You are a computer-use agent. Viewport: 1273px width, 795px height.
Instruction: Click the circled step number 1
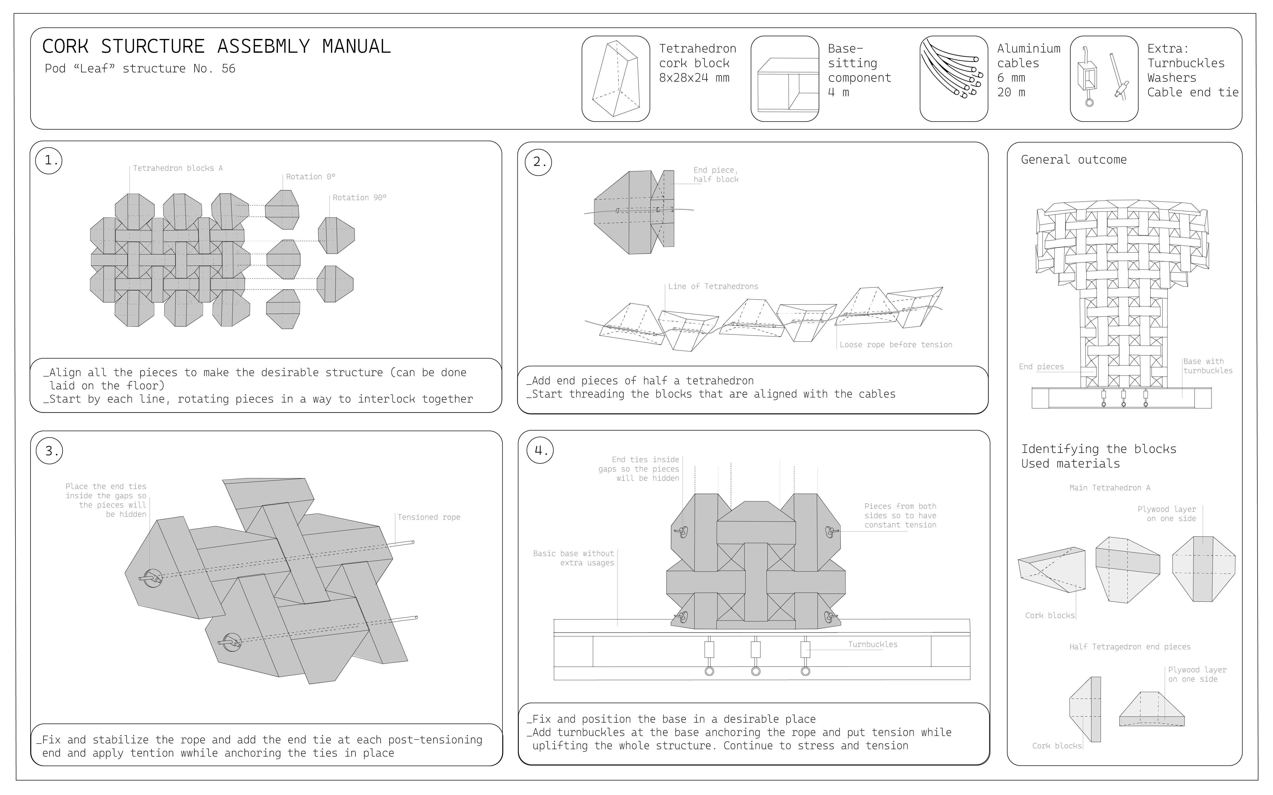pyautogui.click(x=49, y=160)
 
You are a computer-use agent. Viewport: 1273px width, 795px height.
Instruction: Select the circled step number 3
pyautogui.click(x=49, y=451)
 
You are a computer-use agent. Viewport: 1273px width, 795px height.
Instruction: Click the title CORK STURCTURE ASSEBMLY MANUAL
pyautogui.click(x=216, y=47)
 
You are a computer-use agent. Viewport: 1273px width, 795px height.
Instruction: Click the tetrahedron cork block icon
pyautogui.click(x=616, y=79)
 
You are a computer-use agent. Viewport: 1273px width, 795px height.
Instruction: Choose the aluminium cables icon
pyautogui.click(x=953, y=79)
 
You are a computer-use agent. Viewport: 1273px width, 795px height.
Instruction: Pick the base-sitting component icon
pyautogui.click(x=784, y=79)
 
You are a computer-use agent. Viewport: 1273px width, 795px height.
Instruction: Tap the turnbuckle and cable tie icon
pyautogui.click(x=1104, y=79)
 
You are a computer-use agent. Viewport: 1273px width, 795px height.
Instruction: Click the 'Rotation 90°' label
pyautogui.click(x=359, y=198)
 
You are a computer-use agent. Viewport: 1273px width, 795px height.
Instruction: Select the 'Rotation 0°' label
pyautogui.click(x=310, y=177)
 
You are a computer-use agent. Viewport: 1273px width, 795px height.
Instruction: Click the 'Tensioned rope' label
pyautogui.click(x=429, y=517)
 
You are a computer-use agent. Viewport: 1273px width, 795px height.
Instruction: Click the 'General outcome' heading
pyautogui.click(x=1074, y=160)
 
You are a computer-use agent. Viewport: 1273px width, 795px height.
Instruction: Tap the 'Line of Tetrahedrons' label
pyautogui.click(x=713, y=286)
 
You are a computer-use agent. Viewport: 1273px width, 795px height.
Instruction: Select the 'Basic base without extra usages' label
pyautogui.click(x=573, y=558)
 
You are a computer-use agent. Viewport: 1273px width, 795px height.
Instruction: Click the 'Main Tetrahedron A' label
pyautogui.click(x=1109, y=488)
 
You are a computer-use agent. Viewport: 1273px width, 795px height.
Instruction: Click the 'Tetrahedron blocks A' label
pyautogui.click(x=178, y=168)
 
